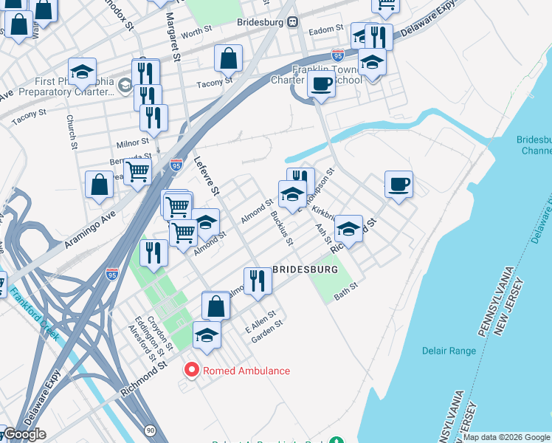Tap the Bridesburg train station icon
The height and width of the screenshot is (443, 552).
[x=293, y=22]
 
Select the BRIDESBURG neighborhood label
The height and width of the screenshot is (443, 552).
[x=305, y=269]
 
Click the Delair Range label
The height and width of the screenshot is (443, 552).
[x=449, y=351]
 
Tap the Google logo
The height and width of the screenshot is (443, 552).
[x=24, y=434]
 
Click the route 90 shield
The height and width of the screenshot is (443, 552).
[x=150, y=430]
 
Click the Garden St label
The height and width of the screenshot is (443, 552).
[x=267, y=326]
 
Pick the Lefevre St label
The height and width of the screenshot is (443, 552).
[x=207, y=176]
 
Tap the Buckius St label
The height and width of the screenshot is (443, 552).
[x=283, y=228]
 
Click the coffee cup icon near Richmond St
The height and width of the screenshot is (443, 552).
[x=399, y=185]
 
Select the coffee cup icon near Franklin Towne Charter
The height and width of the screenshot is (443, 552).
[x=321, y=84]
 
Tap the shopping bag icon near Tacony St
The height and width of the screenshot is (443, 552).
[x=229, y=58]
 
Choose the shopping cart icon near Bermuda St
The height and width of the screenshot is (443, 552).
[x=137, y=172]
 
